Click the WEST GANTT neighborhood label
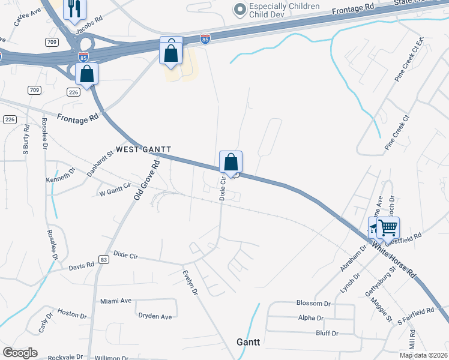(x=143, y=149)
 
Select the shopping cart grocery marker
(x=388, y=227)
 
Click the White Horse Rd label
(x=393, y=259)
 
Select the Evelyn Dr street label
(x=190, y=282)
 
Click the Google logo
(x=20, y=353)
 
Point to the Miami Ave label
(x=116, y=301)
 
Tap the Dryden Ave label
(x=155, y=316)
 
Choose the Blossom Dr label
(x=314, y=303)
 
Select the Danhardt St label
(x=98, y=162)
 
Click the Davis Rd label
(x=82, y=265)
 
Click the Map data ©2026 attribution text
(x=423, y=355)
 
